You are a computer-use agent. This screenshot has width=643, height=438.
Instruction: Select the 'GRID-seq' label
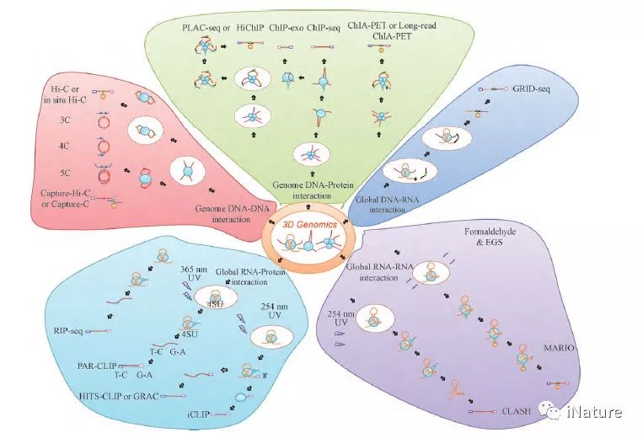click(x=533, y=88)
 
